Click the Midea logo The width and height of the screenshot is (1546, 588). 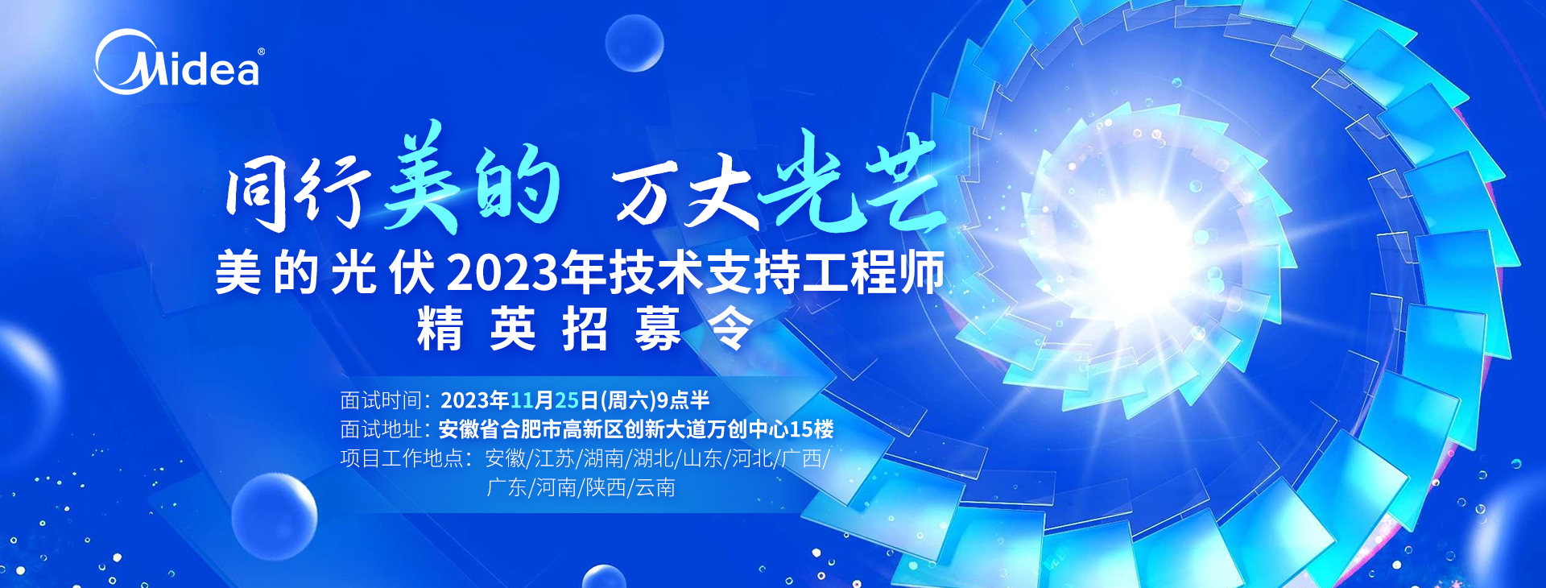178,62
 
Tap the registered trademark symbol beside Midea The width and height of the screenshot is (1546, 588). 260,52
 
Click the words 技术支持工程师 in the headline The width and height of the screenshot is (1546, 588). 776,273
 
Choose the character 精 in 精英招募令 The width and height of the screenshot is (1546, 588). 440,329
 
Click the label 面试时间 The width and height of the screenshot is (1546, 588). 381,400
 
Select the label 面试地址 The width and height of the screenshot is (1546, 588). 381,429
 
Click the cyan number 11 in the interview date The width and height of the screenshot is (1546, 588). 521,400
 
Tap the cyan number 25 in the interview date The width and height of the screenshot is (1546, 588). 567,400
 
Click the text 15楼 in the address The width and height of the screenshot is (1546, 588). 812,429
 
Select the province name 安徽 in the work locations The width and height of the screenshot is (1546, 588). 505,458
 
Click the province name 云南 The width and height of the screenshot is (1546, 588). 655,487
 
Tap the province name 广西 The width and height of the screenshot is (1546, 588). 801,458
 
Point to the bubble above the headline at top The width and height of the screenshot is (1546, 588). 635,43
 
